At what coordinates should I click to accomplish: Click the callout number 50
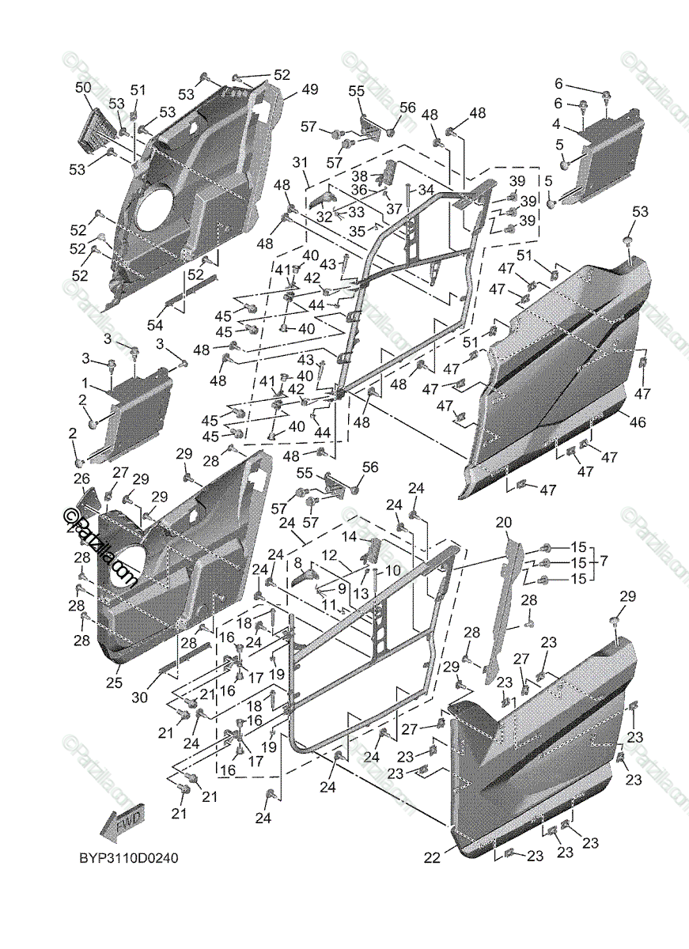pyautogui.click(x=83, y=87)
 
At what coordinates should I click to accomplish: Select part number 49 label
pyautogui.click(x=309, y=89)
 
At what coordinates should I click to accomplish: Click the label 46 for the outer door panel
pyautogui.click(x=637, y=422)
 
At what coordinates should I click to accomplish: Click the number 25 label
pyautogui.click(x=114, y=682)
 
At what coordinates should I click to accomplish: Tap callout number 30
pyautogui.click(x=139, y=698)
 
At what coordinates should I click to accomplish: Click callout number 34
pyautogui.click(x=426, y=190)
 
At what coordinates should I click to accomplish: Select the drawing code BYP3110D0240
pyautogui.click(x=126, y=859)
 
